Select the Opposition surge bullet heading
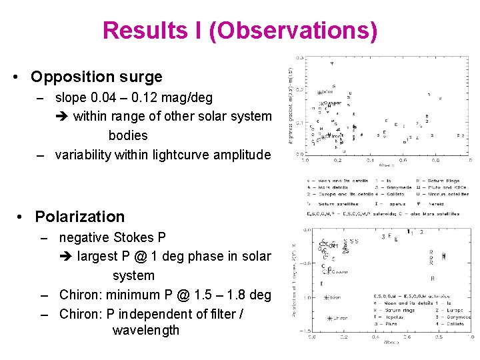click(x=97, y=77)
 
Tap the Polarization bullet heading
click(x=79, y=217)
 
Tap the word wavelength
click(x=146, y=330)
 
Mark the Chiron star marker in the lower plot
click(x=327, y=318)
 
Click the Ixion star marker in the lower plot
click(x=327, y=297)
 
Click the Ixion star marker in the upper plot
click(x=320, y=93)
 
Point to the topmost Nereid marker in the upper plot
click(x=333, y=63)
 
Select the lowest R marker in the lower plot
click(x=432, y=278)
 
